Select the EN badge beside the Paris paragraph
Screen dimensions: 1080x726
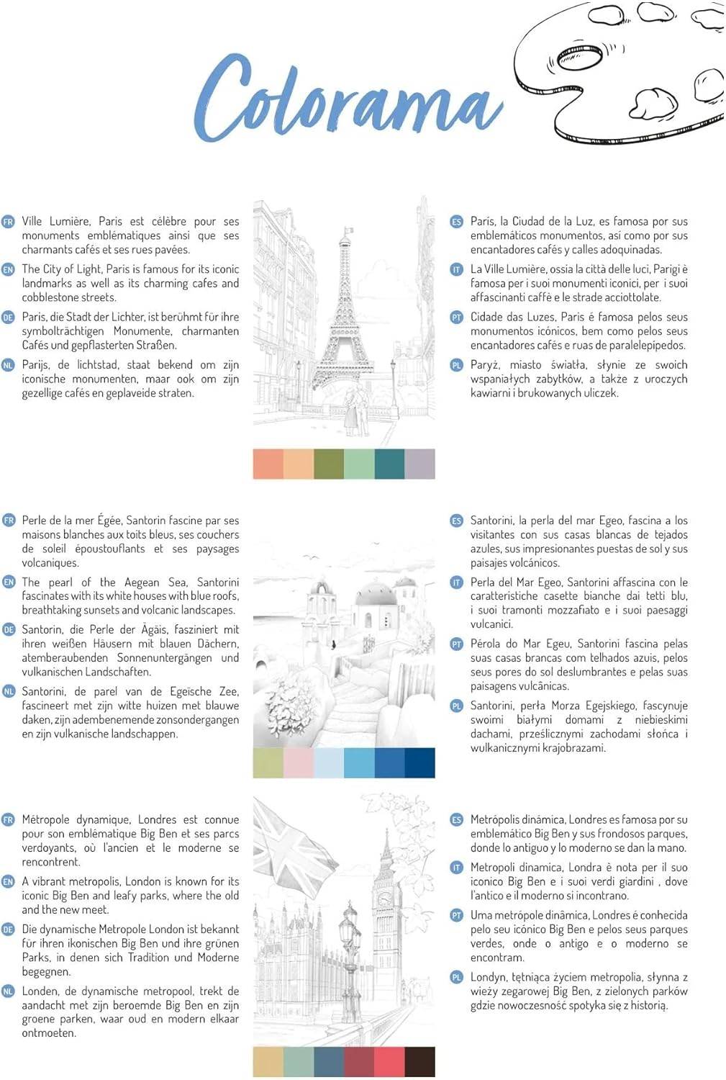9,269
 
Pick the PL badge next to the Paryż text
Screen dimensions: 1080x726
456,365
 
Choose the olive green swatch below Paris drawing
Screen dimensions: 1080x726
329,464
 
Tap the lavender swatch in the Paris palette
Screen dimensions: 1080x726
419,464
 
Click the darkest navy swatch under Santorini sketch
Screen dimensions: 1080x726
419,762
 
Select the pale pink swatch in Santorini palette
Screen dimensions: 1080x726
299,762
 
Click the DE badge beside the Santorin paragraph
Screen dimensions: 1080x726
9,630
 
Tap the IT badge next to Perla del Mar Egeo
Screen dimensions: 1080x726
456,582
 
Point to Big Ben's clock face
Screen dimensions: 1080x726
386,900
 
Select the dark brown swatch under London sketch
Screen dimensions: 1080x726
419,1062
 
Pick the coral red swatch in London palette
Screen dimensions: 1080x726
389,1062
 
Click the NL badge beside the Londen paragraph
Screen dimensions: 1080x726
9,991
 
